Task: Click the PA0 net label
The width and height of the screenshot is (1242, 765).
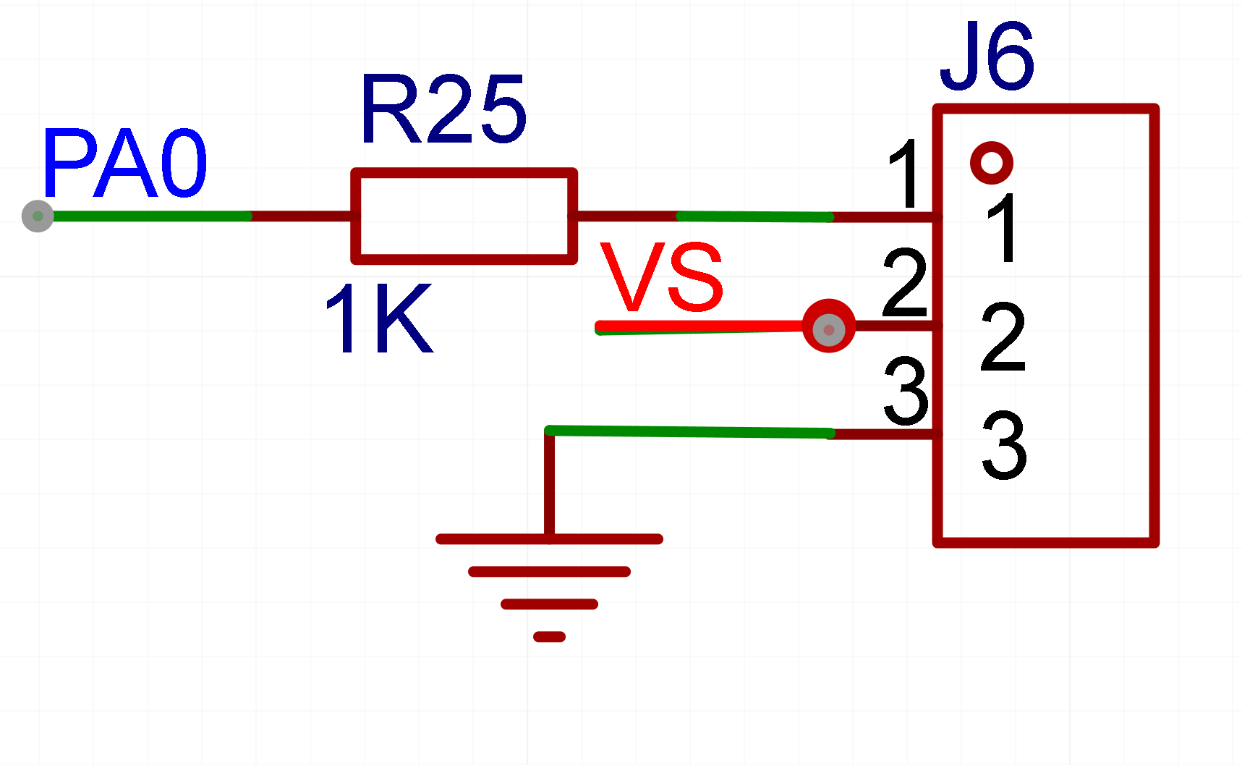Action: [124, 164]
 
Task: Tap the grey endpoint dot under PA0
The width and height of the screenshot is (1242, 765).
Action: [38, 216]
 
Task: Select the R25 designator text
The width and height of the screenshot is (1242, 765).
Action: [443, 109]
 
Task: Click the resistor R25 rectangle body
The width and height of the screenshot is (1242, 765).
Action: [464, 216]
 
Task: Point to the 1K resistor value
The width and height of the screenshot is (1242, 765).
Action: [378, 318]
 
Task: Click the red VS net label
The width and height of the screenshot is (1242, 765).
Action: [661, 277]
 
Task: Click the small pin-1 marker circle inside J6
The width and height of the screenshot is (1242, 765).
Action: [991, 162]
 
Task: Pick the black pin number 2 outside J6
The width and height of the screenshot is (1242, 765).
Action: [905, 283]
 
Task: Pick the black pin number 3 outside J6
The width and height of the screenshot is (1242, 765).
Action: [906, 391]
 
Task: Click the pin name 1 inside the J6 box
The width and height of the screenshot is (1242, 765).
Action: [1004, 228]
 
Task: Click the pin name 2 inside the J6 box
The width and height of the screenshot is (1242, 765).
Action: [1003, 337]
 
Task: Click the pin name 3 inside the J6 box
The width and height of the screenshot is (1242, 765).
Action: [1004, 446]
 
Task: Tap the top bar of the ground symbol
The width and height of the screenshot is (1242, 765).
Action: [549, 539]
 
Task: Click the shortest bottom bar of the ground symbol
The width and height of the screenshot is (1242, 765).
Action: [549, 637]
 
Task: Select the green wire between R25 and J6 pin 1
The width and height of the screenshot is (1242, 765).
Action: [754, 216]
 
